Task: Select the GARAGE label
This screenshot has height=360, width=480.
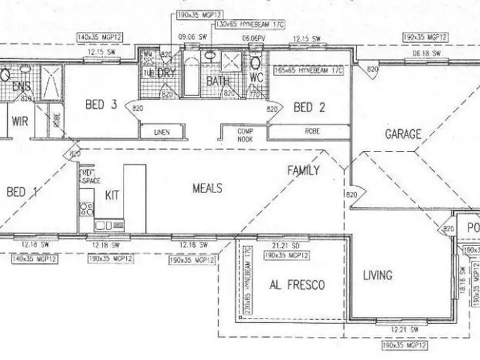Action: pos(403,134)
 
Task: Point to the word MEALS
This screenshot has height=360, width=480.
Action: pos(207,189)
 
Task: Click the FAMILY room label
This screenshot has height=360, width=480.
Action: pos(303,170)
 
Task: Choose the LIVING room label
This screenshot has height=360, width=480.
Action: pos(378,276)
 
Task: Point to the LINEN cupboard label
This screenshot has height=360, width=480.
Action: pos(162,132)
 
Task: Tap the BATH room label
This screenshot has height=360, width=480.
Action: pos(218,82)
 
